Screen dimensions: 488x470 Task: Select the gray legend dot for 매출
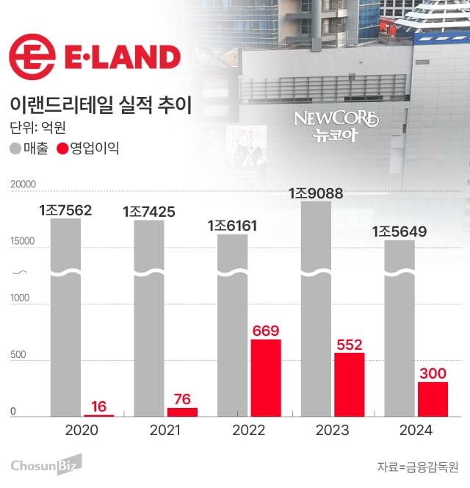pyautogui.click(x=15, y=148)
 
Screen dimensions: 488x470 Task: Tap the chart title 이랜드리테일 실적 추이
pyautogui.click(x=99, y=104)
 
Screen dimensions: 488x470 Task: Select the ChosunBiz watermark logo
pyautogui.click(x=45, y=464)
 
